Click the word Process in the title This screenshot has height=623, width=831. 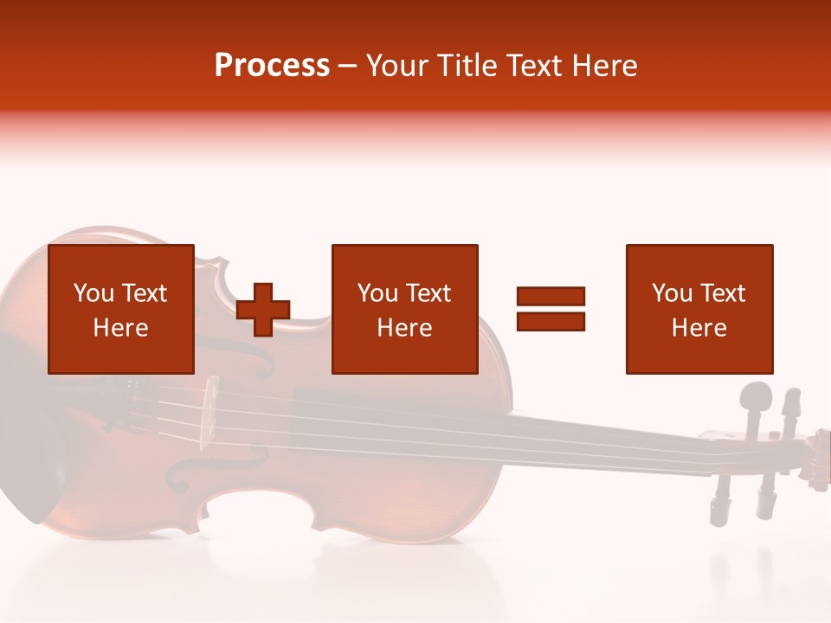coord(272,66)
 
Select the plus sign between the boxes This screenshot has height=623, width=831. coord(263,309)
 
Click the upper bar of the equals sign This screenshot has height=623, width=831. coord(551,296)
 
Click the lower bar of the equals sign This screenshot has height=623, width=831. coord(551,321)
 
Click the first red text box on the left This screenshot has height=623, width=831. coord(121,309)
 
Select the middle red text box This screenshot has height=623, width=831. coord(404,309)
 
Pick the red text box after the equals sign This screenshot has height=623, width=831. coord(699,309)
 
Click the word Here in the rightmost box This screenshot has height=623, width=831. coord(699,327)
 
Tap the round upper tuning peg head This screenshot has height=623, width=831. coord(756,398)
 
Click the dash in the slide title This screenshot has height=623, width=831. coord(347,66)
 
